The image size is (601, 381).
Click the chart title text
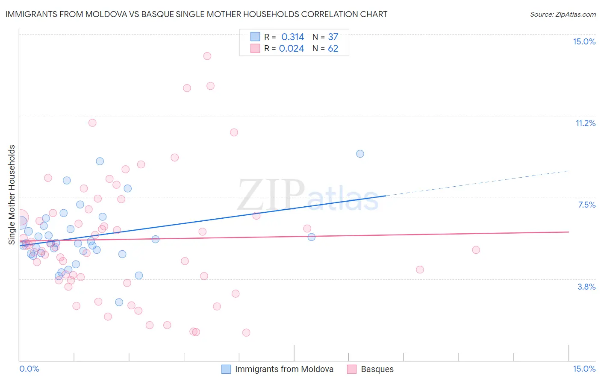(196, 14)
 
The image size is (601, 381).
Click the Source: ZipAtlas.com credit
(563, 14)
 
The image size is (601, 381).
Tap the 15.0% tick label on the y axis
(584, 41)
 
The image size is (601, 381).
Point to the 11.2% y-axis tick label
(585, 123)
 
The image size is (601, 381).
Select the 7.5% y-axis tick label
(586, 205)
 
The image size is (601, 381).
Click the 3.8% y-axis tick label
(586, 287)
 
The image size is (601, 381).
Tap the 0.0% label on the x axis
(29, 369)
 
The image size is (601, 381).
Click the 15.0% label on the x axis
(584, 369)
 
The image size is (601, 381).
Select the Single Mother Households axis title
(12, 195)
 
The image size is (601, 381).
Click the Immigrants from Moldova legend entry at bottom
(284, 369)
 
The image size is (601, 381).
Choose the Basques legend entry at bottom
(377, 369)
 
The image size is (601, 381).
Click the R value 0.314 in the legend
(292, 37)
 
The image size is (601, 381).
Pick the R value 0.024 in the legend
(292, 48)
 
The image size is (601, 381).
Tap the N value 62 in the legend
(333, 48)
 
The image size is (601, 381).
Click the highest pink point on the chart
(207, 56)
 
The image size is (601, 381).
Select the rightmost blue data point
(360, 154)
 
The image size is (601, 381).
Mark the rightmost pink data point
(476, 250)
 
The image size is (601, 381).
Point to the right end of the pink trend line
(568, 232)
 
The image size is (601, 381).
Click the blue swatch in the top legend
(255, 37)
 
